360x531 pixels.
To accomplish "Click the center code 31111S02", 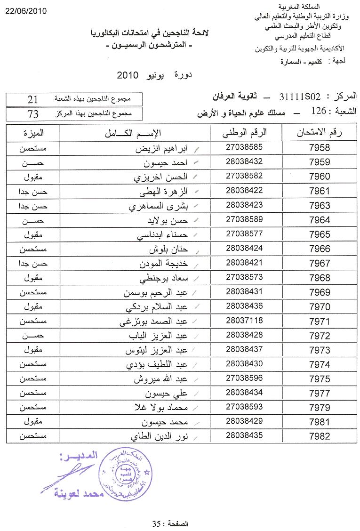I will [x=300, y=97].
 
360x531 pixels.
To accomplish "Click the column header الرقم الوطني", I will [x=244, y=133].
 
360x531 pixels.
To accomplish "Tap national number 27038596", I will [x=244, y=378].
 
